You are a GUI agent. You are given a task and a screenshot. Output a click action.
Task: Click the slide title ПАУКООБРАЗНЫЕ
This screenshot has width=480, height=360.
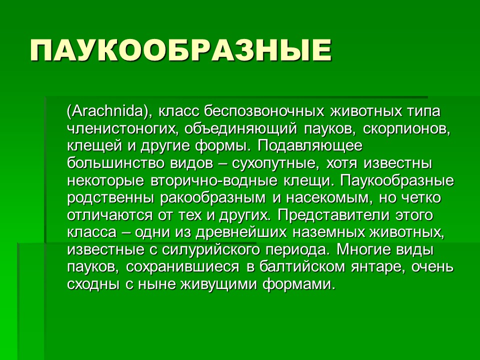click(x=181, y=50)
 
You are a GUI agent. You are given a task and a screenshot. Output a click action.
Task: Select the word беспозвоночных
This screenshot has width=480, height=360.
click(x=264, y=111)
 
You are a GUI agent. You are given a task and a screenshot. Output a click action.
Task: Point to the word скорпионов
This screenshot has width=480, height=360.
click(x=407, y=129)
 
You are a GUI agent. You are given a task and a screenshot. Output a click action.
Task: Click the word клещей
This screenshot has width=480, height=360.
click(x=94, y=146)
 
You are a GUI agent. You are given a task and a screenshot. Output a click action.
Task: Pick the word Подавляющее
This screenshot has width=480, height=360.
click(x=310, y=146)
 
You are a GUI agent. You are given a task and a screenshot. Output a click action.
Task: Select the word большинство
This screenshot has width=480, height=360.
click(x=115, y=163)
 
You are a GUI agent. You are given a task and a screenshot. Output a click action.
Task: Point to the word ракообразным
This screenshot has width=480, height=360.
click(x=213, y=198)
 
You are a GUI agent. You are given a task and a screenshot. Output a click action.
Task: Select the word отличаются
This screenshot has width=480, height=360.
click(x=109, y=215)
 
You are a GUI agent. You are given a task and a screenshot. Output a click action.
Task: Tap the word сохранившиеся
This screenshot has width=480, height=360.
click(x=182, y=267)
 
